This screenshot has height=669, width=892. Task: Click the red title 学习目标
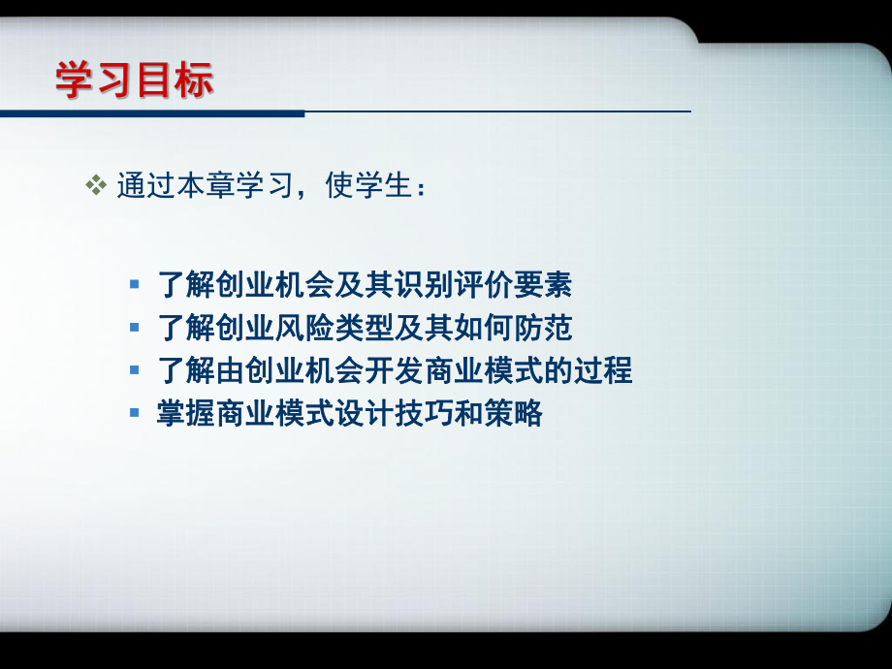tap(134, 80)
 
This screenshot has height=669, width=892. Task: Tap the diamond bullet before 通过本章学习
tap(95, 185)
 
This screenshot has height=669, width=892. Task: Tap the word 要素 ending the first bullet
tap(543, 285)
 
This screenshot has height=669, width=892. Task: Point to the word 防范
tap(543, 329)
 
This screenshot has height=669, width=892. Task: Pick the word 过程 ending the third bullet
tap(602, 371)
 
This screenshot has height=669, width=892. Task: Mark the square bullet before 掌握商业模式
tap(135, 414)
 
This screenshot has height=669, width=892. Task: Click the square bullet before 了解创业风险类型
tap(135, 329)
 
